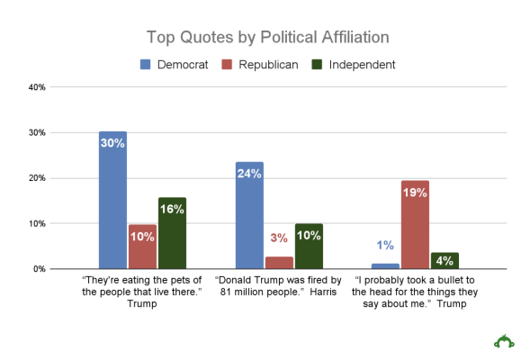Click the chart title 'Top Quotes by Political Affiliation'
(268, 37)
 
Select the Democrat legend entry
(175, 65)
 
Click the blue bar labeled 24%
(249, 215)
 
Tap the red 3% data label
(279, 238)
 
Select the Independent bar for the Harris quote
(309, 246)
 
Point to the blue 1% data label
(385, 246)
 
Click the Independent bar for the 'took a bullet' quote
(445, 260)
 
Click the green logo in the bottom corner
(504, 340)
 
